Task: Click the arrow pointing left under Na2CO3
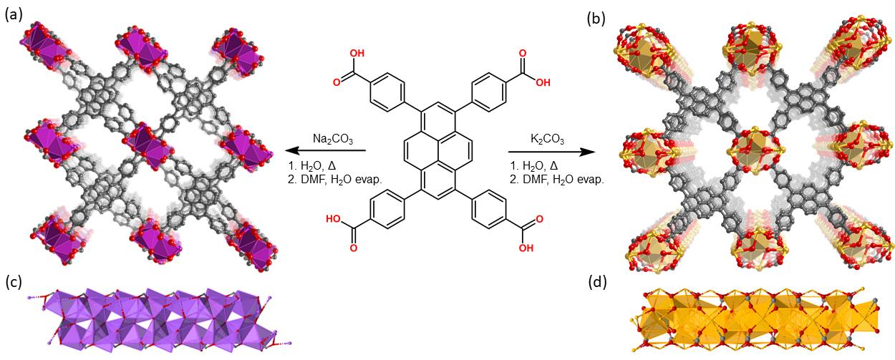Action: click(326, 151)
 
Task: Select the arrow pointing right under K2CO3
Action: click(552, 152)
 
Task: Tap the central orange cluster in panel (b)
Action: click(743, 143)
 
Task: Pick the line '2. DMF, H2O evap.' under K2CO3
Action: click(557, 180)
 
